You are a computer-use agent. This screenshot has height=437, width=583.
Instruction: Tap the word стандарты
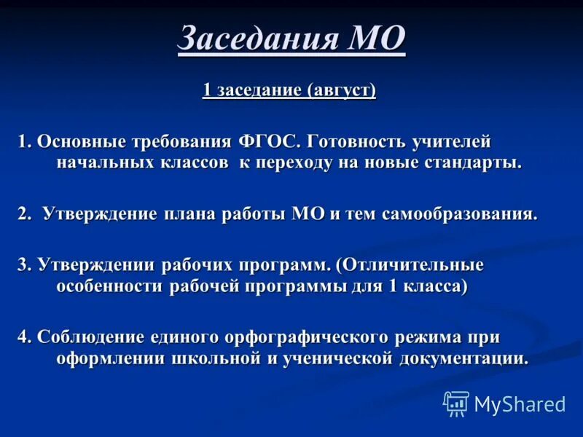[x=473, y=162]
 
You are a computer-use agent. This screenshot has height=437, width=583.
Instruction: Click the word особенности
[x=110, y=286]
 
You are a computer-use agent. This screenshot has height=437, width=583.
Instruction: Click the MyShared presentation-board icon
[x=456, y=403]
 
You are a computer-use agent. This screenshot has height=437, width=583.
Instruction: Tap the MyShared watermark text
[x=519, y=403]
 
